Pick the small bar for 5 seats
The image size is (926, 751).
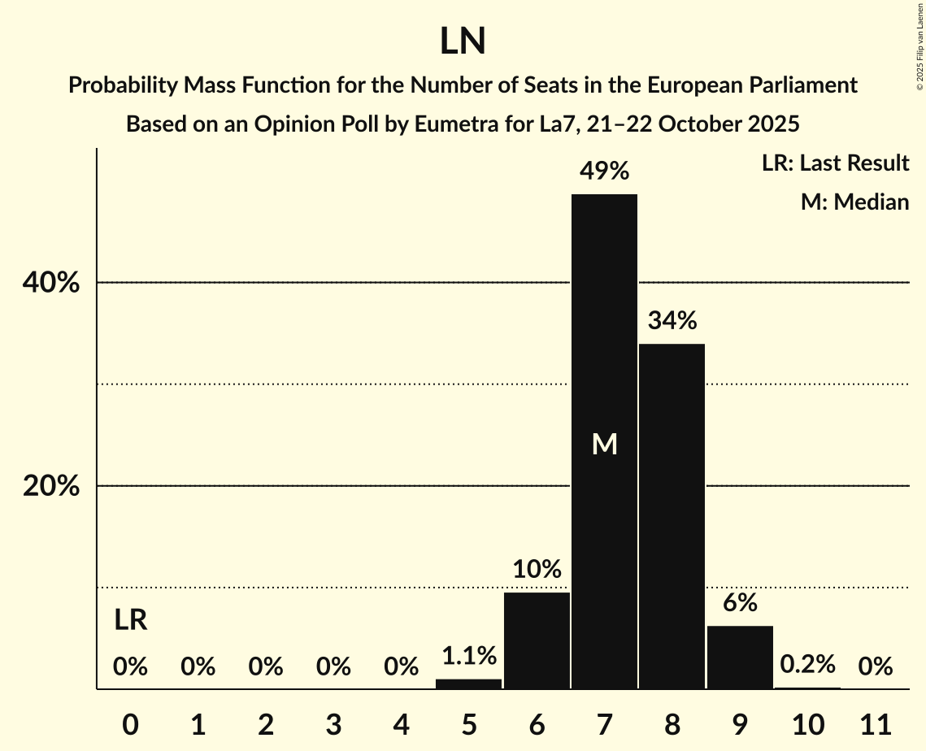(x=469, y=684)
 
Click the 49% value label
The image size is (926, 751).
(x=604, y=171)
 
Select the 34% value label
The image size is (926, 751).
(x=672, y=321)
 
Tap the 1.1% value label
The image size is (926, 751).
(x=469, y=655)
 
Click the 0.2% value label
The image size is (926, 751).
(x=807, y=664)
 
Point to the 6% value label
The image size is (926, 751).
(x=741, y=603)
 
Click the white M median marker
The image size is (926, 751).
(x=605, y=444)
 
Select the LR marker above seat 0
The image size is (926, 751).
(x=130, y=621)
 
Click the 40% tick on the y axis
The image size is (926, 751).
(x=50, y=283)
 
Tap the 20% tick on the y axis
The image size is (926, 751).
(x=50, y=486)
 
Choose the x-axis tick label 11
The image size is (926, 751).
(x=875, y=723)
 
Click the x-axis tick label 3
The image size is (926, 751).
(x=333, y=723)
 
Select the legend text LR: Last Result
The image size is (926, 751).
(x=835, y=163)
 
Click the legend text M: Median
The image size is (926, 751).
(x=854, y=202)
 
